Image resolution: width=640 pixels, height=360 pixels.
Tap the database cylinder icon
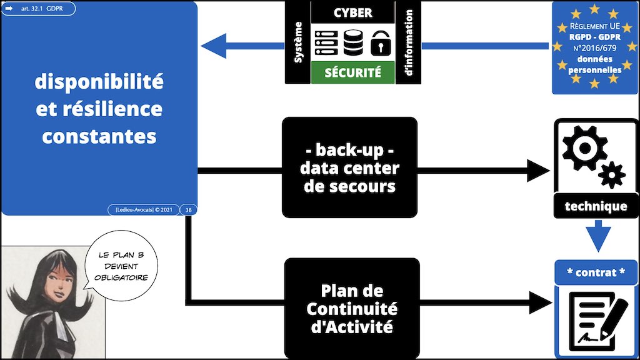(352, 41)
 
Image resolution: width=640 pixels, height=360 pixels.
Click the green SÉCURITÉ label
(352, 72)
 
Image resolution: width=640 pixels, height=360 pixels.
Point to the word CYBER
(352, 12)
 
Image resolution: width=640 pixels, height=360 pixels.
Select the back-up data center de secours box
(349, 167)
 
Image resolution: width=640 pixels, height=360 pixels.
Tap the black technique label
(594, 206)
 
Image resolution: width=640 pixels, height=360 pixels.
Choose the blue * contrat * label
(596, 272)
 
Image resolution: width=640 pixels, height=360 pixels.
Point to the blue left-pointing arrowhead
(212, 46)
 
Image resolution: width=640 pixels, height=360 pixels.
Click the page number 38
(188, 210)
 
